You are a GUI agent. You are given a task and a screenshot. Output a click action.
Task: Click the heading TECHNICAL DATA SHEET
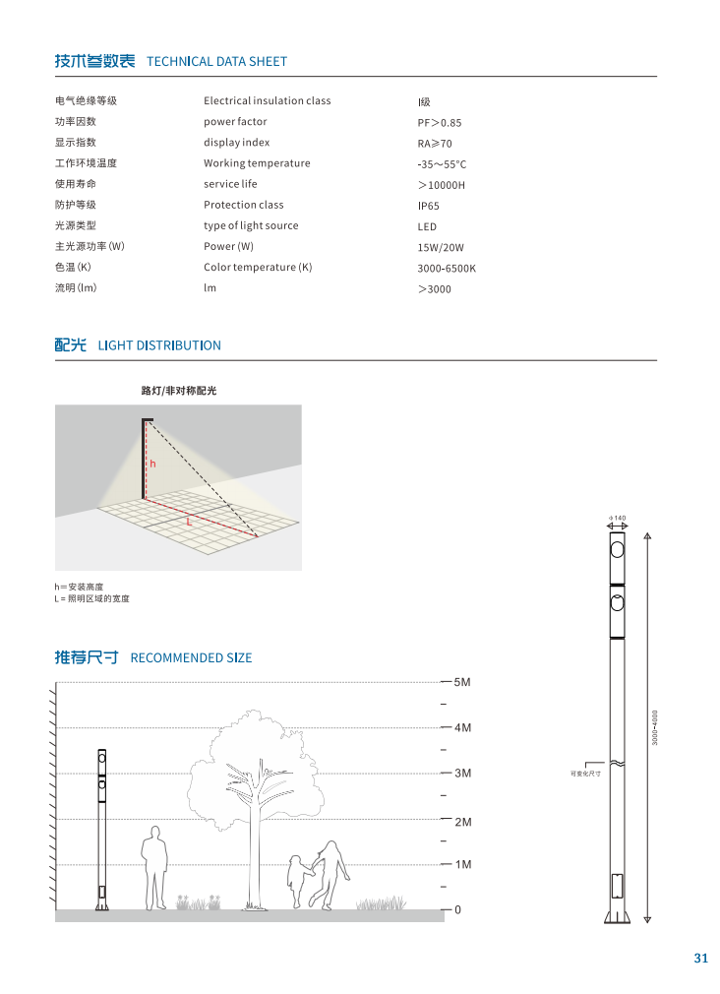pos(216,61)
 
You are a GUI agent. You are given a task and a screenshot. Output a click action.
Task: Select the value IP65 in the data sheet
pos(429,206)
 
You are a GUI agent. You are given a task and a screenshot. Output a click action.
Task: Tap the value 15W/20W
pos(440,247)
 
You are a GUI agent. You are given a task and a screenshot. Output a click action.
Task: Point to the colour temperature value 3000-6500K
pos(447,268)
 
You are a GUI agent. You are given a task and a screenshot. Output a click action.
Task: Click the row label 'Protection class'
pos(243,205)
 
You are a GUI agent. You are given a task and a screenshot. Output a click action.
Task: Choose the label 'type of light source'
pos(251,225)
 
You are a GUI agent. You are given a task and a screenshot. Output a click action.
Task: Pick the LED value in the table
pos(427,226)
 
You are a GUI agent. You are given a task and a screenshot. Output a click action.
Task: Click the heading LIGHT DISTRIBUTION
pos(159,345)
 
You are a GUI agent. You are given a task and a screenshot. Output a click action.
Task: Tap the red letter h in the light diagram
pos(152,462)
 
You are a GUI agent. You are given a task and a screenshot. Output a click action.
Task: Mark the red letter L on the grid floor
pos(189,522)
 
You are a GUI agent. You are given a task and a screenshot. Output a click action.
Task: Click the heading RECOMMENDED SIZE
pos(191,657)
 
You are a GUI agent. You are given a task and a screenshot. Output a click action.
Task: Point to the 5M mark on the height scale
pos(463,682)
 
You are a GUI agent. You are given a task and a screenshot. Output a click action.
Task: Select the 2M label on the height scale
pos(463,821)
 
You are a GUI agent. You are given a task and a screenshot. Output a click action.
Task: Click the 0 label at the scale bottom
pos(457,910)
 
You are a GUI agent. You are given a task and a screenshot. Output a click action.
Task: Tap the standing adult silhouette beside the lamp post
pos(154,866)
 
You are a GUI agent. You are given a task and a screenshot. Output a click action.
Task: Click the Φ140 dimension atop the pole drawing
pos(618,517)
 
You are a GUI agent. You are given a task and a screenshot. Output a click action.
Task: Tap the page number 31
pos(700,959)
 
